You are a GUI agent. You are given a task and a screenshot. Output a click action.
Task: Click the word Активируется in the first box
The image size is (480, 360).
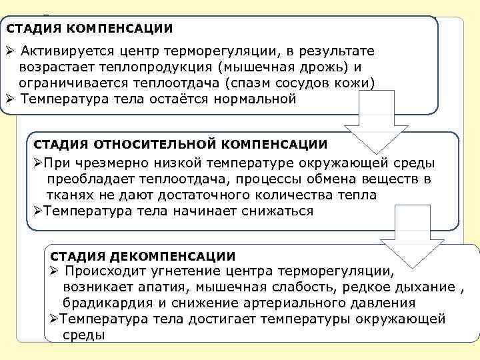[65, 52]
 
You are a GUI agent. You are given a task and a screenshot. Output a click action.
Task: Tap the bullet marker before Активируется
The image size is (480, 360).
[10, 52]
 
